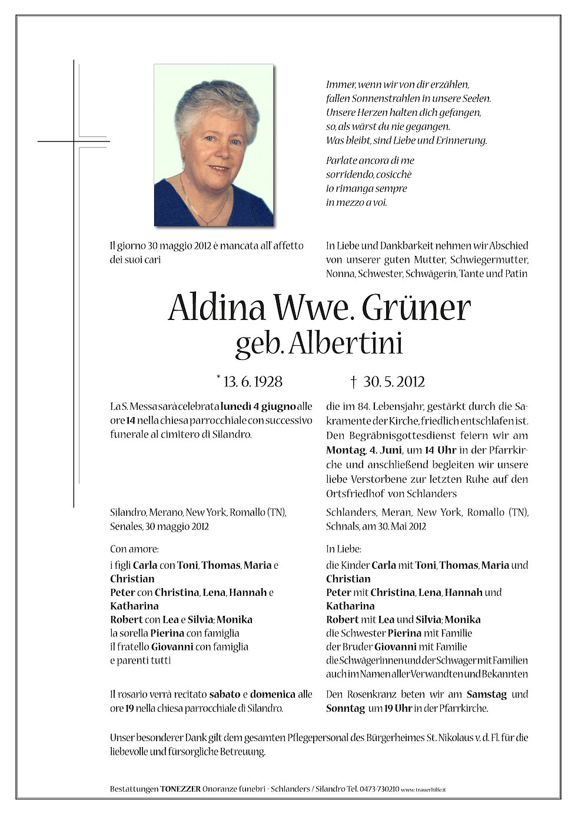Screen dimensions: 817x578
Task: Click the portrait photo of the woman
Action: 214,145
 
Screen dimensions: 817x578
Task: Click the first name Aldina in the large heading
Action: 216,308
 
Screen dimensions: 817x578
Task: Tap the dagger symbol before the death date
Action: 354,382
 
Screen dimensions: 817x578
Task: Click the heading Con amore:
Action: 134,549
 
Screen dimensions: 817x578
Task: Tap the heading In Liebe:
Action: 343,549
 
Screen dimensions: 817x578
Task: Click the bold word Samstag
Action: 486,694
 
